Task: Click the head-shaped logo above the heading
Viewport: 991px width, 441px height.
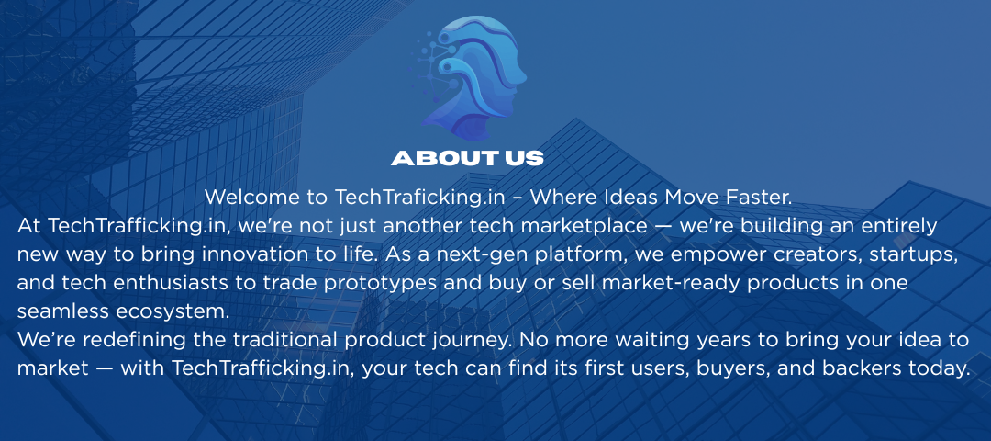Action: point(468,78)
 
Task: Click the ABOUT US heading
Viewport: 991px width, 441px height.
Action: point(467,158)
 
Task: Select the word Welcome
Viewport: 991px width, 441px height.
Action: point(252,197)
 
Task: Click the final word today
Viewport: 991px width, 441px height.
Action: point(933,368)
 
